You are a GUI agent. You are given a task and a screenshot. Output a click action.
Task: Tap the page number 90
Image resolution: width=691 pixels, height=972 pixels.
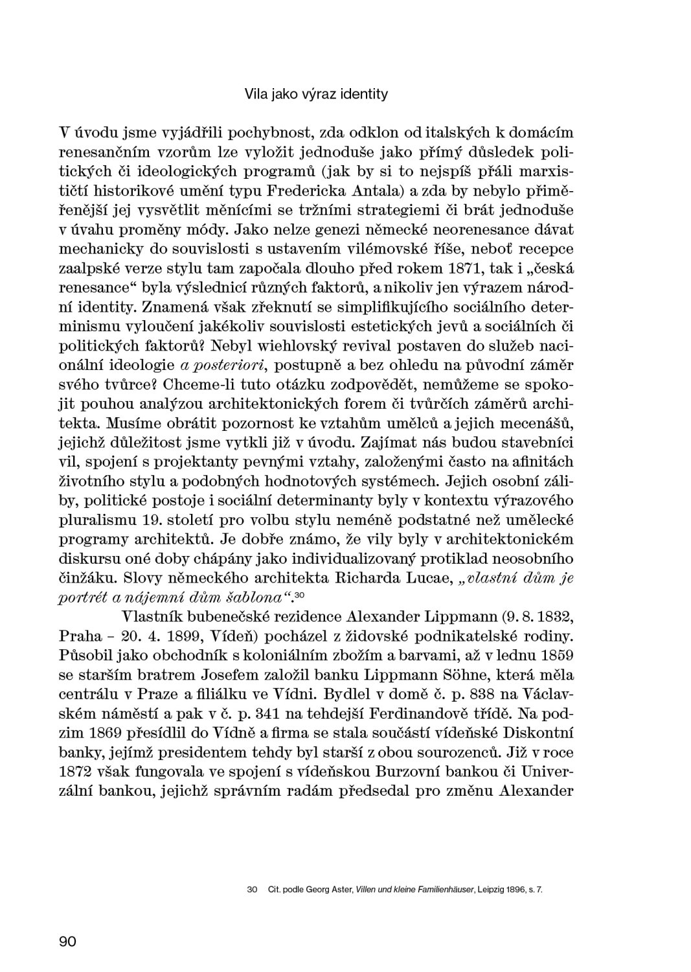tap(67, 942)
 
